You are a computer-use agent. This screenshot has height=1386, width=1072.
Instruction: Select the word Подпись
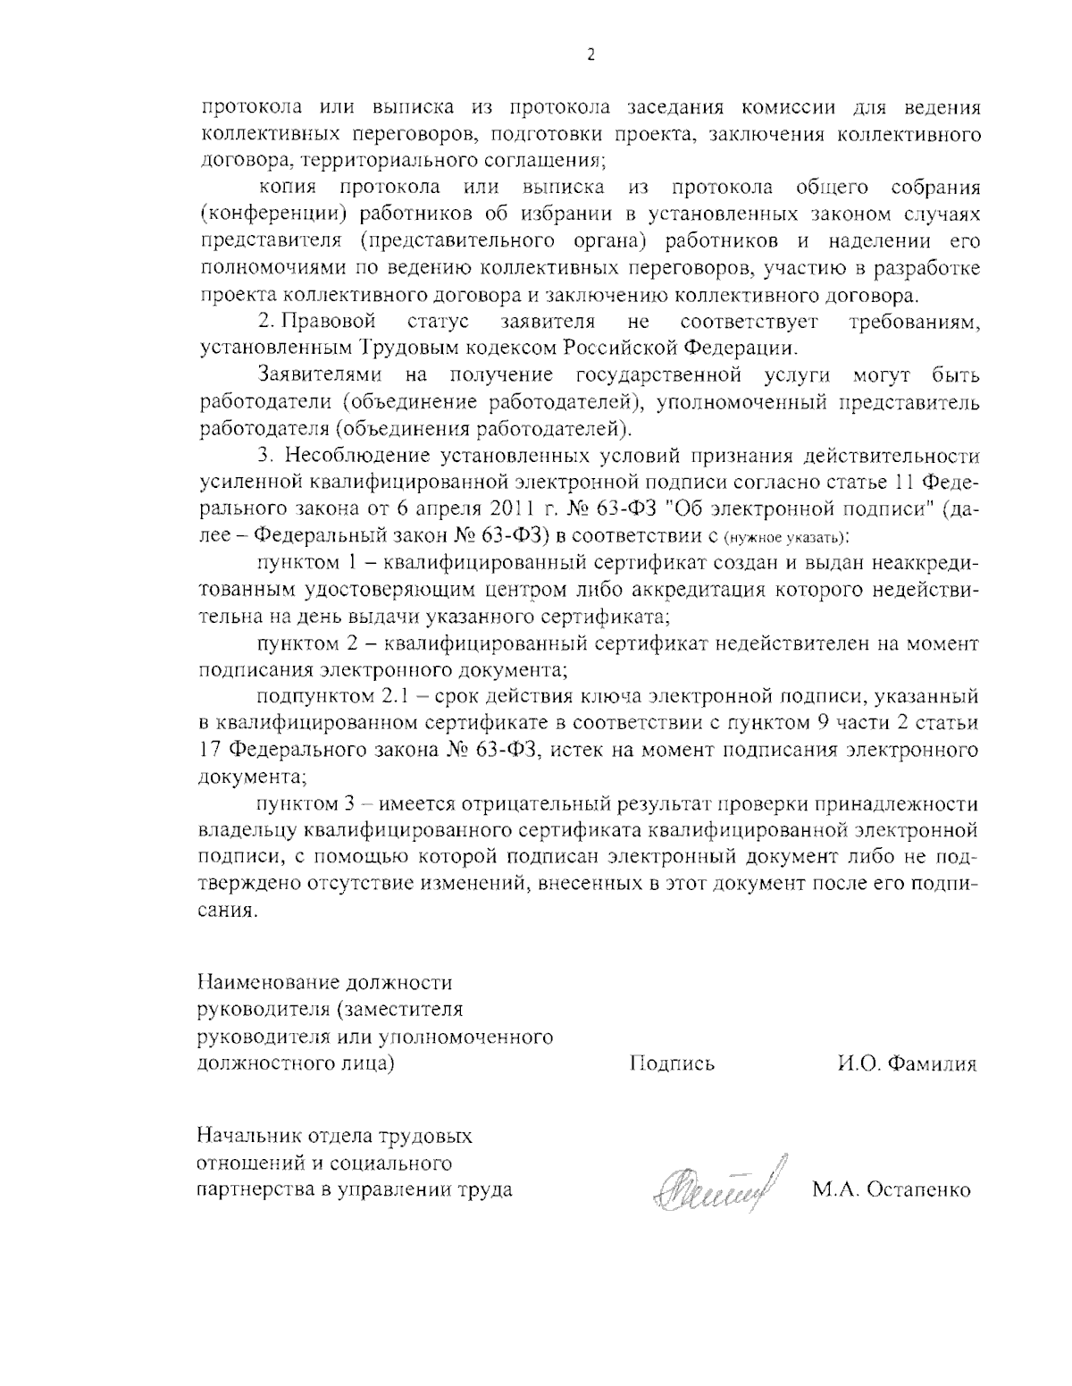(672, 1063)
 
